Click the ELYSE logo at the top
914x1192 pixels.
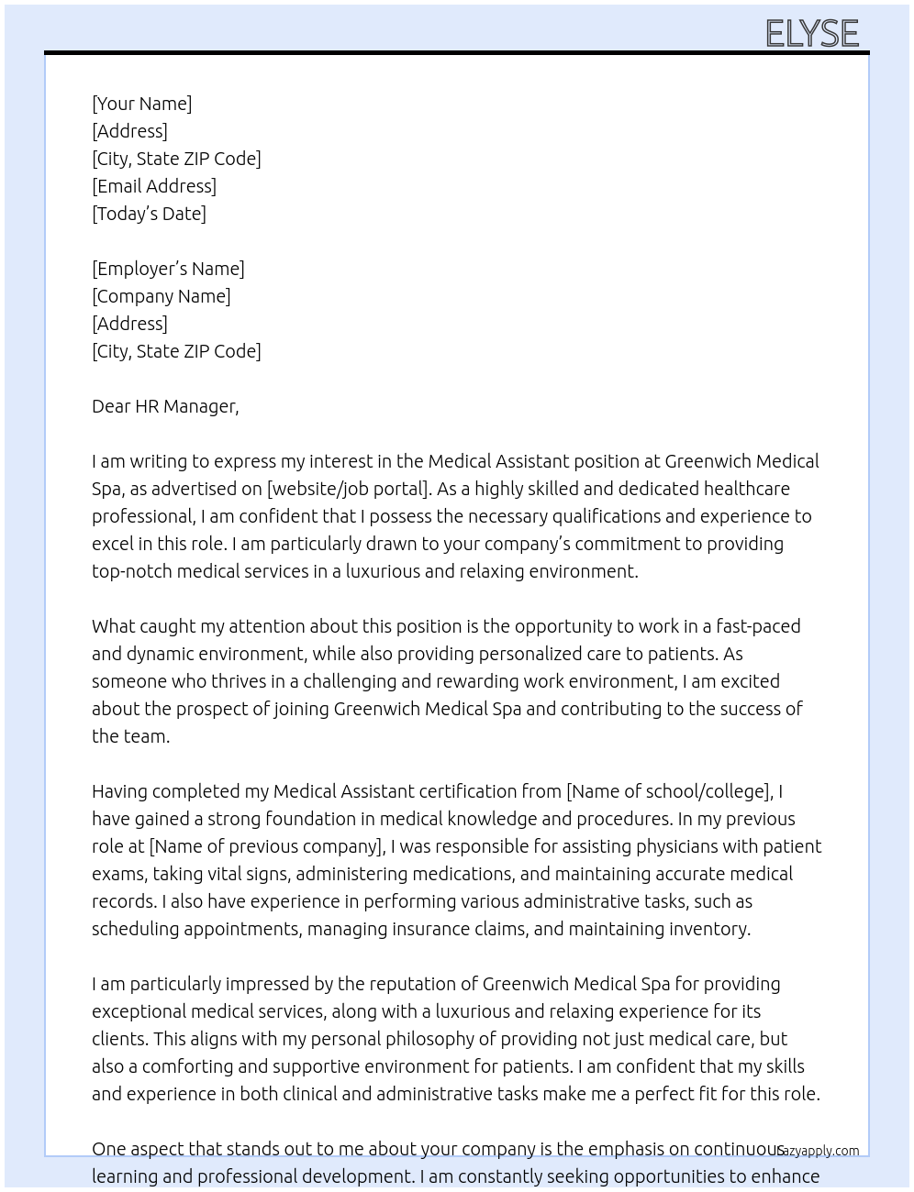point(812,33)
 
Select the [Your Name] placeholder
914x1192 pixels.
point(142,104)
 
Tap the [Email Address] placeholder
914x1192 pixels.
point(154,186)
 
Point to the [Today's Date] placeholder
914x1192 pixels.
point(149,214)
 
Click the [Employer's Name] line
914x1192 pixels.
point(168,269)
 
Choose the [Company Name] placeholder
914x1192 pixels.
point(162,296)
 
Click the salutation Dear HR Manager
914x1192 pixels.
point(165,406)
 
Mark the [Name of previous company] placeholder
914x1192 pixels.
point(266,846)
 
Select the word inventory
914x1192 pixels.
point(709,929)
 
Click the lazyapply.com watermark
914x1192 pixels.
point(819,1151)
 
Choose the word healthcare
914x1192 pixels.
point(743,489)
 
